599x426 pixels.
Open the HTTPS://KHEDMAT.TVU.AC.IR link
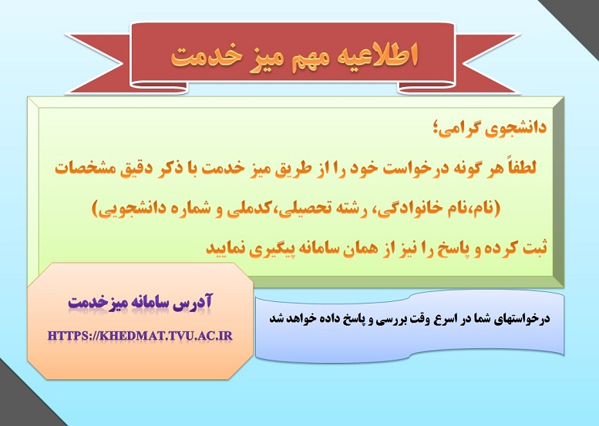click(x=140, y=336)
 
